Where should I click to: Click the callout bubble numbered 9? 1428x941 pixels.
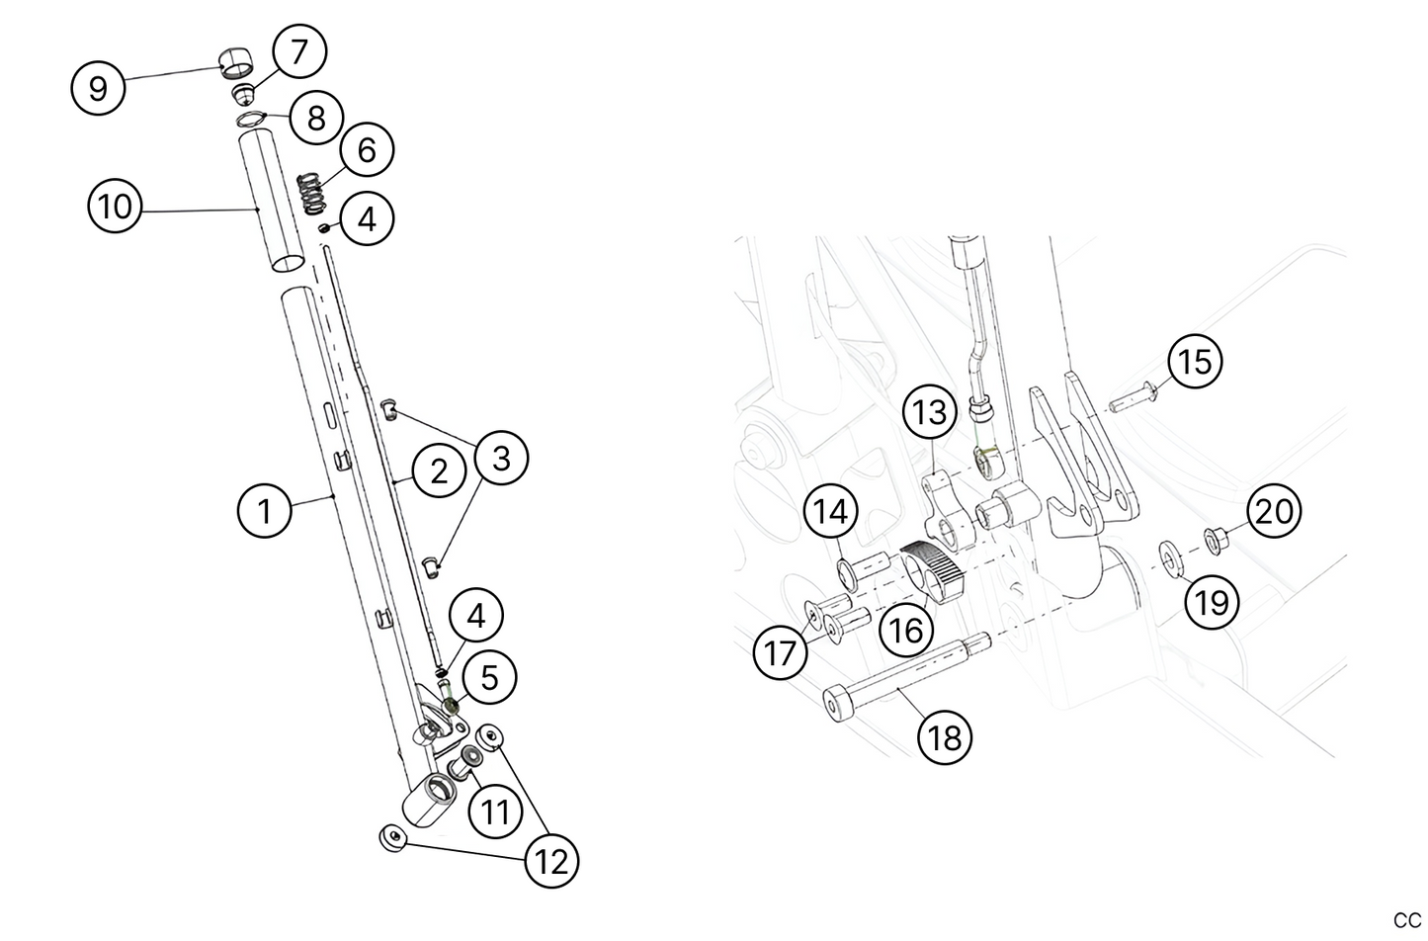[x=98, y=88]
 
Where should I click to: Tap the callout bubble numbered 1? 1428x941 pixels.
[x=264, y=511]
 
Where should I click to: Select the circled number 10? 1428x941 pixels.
[x=115, y=208]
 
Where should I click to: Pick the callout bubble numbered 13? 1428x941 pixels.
[x=930, y=412]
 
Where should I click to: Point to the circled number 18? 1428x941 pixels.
[x=946, y=736]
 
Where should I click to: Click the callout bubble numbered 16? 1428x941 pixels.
[x=906, y=630]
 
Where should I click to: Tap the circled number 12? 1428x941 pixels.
[x=551, y=861]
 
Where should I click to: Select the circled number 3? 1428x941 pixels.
[x=501, y=459]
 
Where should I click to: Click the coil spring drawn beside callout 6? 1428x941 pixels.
[x=312, y=192]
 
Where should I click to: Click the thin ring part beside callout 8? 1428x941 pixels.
[x=252, y=121]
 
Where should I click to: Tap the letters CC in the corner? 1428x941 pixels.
[x=1406, y=921]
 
